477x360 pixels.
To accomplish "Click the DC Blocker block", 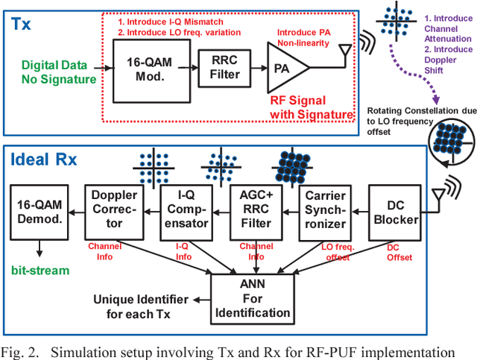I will [394, 212].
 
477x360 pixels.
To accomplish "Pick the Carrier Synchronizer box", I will [326, 212].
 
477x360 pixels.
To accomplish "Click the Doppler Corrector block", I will [114, 212].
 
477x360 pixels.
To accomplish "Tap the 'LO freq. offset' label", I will [329, 255].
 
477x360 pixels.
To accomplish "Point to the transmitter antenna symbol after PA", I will [343, 54].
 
